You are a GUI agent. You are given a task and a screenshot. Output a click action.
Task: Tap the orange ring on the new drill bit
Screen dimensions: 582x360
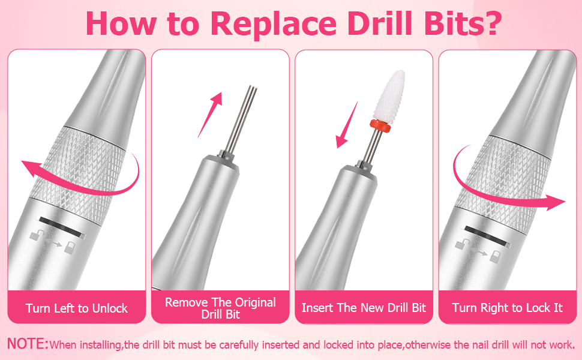coord(380,126)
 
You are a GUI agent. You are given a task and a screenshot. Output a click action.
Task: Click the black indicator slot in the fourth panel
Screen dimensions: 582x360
coord(486,236)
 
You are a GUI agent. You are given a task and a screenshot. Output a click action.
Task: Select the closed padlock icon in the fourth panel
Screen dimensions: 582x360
coord(495,256)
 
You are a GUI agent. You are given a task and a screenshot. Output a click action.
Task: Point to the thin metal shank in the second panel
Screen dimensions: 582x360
coord(241,119)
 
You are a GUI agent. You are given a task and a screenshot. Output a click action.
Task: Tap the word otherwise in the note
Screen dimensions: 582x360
coord(428,345)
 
